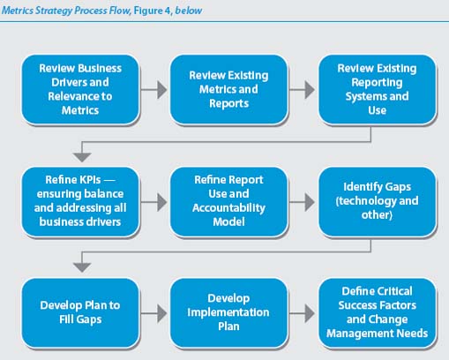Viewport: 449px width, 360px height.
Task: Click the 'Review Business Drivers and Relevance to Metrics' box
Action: [x=80, y=89]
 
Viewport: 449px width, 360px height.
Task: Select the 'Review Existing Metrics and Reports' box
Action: [x=228, y=89]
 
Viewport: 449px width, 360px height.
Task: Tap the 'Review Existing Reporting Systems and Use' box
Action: [x=378, y=89]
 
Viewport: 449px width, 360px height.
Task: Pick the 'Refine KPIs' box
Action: [x=80, y=201]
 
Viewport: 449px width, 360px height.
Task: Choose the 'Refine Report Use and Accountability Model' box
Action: [x=228, y=201]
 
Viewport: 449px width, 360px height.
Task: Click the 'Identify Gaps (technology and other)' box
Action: [x=378, y=201]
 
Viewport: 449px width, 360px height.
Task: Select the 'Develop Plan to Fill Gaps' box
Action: [x=80, y=313]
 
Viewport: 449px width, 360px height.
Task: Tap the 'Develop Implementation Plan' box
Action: [x=228, y=313]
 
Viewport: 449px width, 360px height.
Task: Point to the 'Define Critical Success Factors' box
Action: [x=378, y=313]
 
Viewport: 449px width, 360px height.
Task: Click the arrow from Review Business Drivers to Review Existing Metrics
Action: [x=153, y=90]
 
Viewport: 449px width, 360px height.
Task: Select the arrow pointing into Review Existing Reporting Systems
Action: [x=303, y=90]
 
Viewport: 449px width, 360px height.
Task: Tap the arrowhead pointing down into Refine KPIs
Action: [x=82, y=157]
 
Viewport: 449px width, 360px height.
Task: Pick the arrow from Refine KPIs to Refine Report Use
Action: [x=153, y=202]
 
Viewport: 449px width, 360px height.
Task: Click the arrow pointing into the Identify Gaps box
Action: [x=303, y=202]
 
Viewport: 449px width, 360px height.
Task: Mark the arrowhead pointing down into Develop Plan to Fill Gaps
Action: [x=82, y=267]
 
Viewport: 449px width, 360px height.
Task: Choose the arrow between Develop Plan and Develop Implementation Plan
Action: [x=153, y=313]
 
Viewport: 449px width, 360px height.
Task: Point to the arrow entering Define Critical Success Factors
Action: [x=303, y=313]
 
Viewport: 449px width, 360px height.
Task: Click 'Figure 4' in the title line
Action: [x=153, y=11]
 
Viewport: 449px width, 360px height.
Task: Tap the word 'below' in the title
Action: [x=189, y=11]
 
